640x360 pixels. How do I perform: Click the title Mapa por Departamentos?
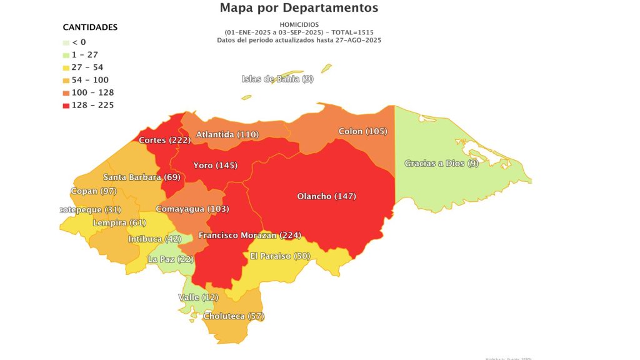point(299,8)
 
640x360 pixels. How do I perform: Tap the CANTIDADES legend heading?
point(90,27)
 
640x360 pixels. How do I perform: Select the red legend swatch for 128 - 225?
point(66,105)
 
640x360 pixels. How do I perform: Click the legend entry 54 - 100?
point(90,80)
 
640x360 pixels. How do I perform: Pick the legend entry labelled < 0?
point(79,42)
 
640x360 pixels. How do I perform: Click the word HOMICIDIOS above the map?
point(299,24)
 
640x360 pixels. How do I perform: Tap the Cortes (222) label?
point(164,140)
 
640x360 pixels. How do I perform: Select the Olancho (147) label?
point(326,196)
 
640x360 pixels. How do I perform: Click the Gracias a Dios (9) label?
point(441,164)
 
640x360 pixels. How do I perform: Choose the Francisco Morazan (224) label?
point(249,236)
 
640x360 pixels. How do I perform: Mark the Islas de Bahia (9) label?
point(277,79)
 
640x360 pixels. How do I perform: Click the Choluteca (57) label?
point(234,316)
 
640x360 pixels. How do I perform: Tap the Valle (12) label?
point(198,297)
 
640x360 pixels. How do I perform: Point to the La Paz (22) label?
point(171,259)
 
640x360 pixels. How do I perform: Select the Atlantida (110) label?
point(227,134)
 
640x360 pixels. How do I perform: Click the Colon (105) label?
point(362,131)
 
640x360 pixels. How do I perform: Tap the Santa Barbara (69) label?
point(142,177)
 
